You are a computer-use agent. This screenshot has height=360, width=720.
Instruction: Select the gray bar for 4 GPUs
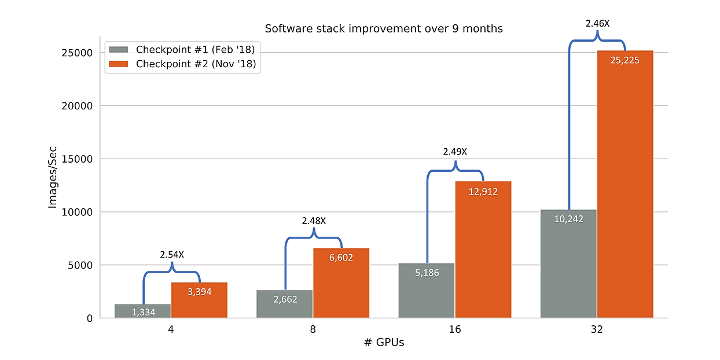click(142, 311)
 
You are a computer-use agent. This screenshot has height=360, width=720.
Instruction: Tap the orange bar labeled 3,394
click(199, 301)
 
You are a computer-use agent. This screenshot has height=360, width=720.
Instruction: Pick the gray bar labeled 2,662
click(284, 304)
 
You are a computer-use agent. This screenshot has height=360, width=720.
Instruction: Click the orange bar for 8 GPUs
click(341, 284)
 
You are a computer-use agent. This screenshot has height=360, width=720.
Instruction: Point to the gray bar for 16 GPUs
click(427, 291)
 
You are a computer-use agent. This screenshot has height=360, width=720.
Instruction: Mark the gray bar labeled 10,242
click(568, 264)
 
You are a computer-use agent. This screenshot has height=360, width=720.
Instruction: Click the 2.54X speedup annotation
click(171, 254)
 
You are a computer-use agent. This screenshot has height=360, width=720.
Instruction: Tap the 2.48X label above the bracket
click(314, 221)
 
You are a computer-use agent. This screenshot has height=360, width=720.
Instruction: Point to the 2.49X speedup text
click(455, 152)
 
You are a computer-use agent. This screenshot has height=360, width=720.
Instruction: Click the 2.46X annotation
click(597, 24)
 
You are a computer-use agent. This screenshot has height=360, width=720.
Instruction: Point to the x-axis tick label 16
click(454, 329)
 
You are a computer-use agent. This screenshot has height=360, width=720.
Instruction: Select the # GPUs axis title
click(384, 342)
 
